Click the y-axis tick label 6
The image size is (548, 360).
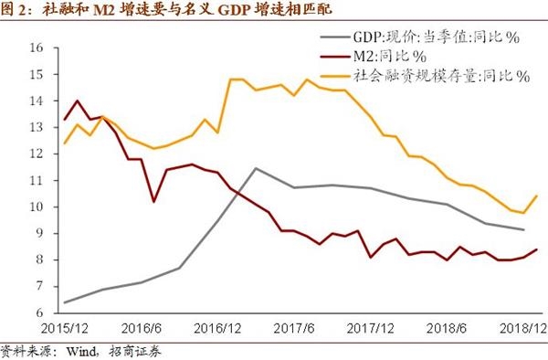tap(37, 312)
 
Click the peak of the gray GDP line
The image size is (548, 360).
tap(255, 168)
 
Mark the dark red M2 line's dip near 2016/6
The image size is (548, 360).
tap(153, 201)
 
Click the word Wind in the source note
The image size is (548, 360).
tap(84, 351)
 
